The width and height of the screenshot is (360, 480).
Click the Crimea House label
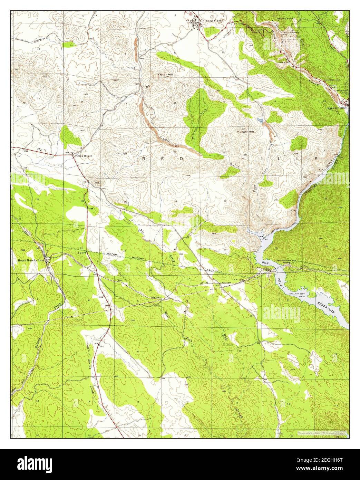82,156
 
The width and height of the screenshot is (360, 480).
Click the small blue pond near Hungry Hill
259,120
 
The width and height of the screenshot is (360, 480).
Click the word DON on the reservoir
265,263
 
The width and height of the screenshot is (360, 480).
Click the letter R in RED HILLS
145,158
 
